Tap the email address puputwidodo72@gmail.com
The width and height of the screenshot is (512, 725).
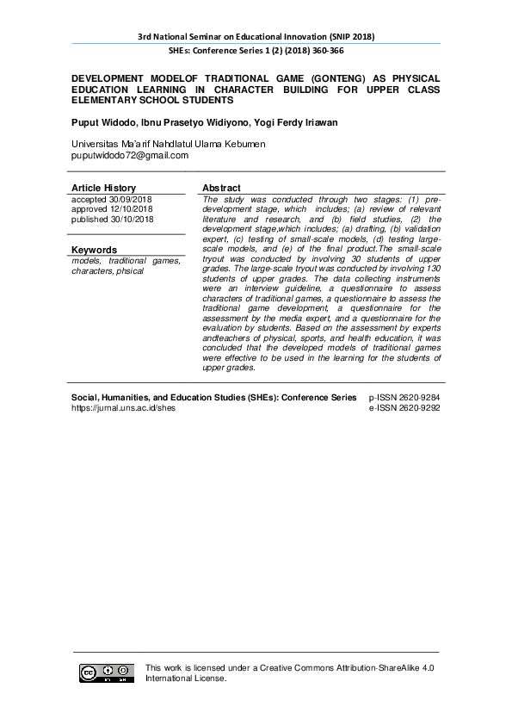coord(129,156)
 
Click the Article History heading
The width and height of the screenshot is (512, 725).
coord(103,188)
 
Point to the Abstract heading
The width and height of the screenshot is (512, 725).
coord(221,188)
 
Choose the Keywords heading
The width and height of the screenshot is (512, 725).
coord(94,250)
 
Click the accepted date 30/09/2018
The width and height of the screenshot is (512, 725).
coord(133,200)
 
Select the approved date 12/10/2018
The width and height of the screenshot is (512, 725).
coord(133,209)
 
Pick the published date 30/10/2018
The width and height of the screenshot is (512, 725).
coord(134,219)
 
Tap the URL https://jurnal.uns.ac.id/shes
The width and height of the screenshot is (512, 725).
coord(123,408)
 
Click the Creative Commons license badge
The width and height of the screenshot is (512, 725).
coord(107,673)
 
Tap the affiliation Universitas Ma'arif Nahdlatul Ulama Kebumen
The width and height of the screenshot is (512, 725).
coord(168,144)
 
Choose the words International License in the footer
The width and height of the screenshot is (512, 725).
coord(185,679)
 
